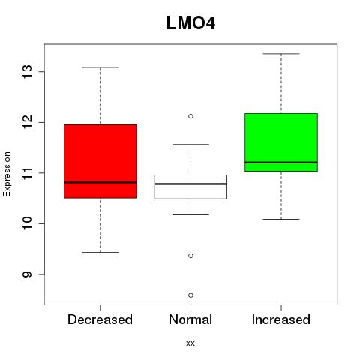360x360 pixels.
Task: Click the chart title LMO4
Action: coord(190,23)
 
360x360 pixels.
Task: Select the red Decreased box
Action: coord(100,161)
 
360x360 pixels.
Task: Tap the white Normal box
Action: coord(190,187)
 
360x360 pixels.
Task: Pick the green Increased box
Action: coord(281,142)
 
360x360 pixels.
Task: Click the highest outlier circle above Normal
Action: coord(190,116)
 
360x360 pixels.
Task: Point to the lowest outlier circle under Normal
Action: coord(190,295)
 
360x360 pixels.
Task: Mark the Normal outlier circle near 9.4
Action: coord(190,256)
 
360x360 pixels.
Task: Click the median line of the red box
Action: coord(100,182)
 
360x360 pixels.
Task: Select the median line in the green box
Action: coord(281,163)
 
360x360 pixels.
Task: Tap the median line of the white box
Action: coord(190,184)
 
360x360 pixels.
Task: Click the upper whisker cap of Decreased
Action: coord(100,67)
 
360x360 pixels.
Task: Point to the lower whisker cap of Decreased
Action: coord(100,252)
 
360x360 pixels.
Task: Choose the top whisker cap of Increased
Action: coord(281,54)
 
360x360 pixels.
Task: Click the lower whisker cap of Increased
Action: coord(281,219)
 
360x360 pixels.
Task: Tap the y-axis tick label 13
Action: coord(27,72)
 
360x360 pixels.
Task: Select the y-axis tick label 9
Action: coord(27,274)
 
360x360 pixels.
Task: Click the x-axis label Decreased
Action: coord(100,319)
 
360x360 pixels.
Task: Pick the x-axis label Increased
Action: coord(281,319)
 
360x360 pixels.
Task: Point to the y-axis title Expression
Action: coord(7,174)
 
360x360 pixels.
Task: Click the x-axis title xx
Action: coord(190,343)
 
